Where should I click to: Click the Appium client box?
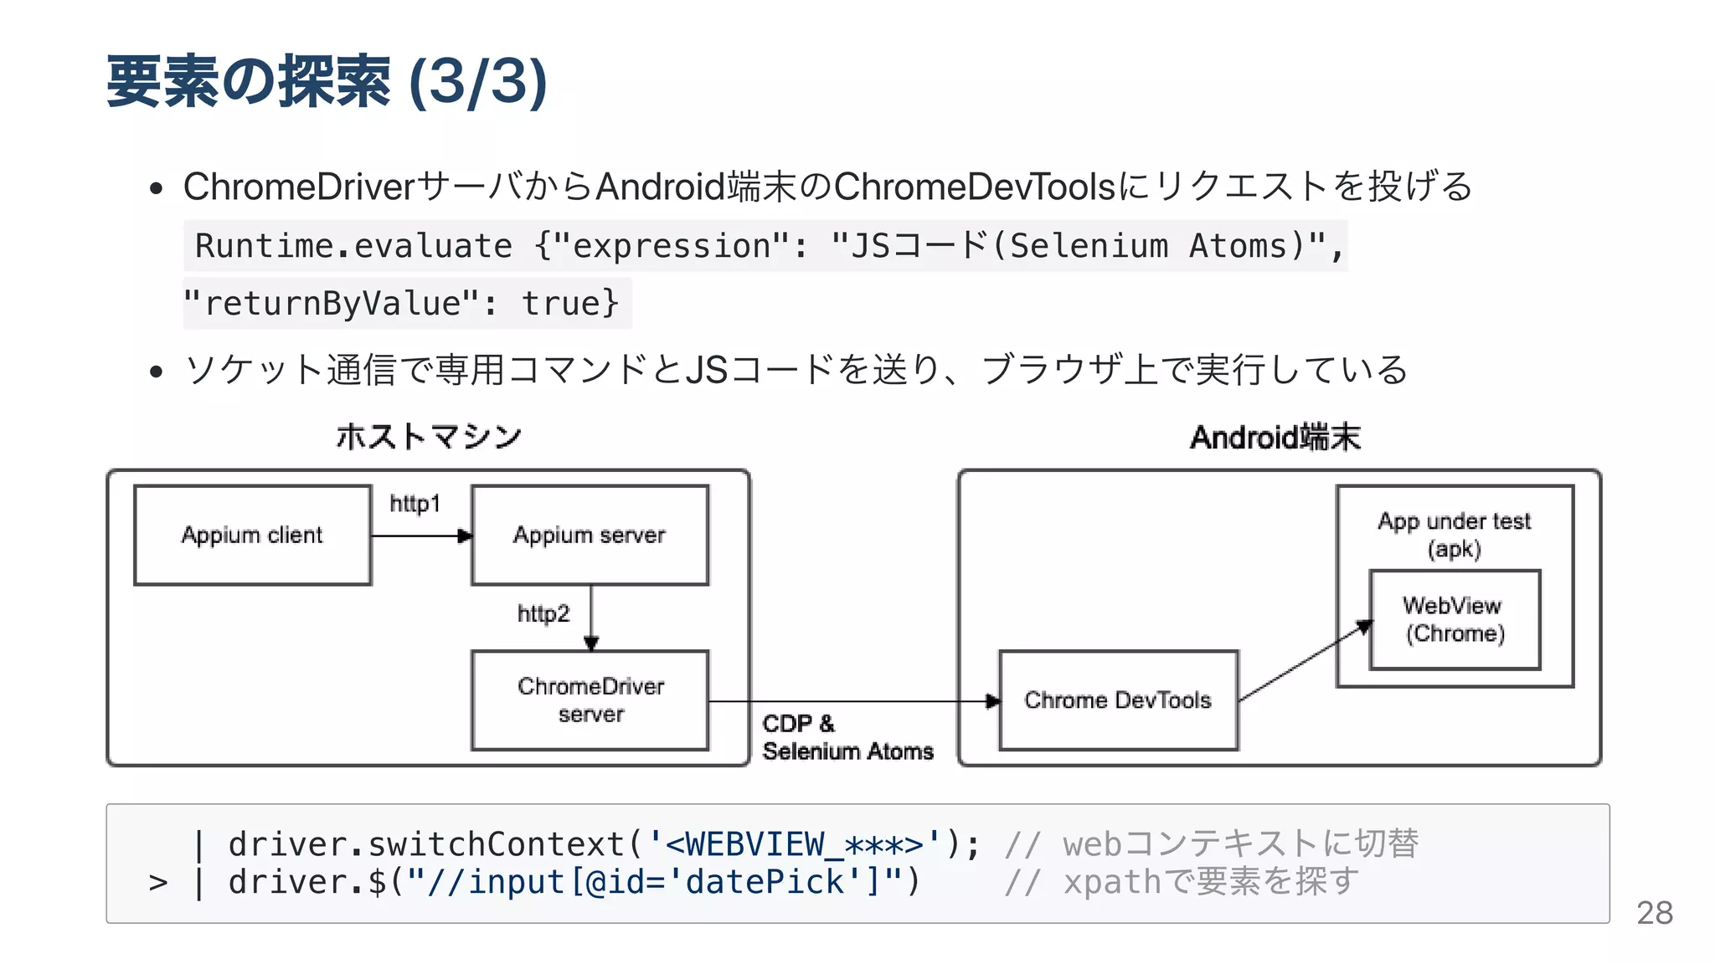(252, 535)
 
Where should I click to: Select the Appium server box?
(590, 535)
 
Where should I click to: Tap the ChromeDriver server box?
(590, 700)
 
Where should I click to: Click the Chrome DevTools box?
(1118, 700)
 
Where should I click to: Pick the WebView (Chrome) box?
(1455, 619)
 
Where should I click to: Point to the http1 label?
(415, 504)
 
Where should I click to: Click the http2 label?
(543, 613)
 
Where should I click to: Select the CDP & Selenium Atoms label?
(847, 737)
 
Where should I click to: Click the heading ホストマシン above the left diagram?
(429, 437)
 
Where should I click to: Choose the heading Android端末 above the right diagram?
(1275, 437)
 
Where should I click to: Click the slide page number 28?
(1654, 913)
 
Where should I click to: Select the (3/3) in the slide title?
(477, 82)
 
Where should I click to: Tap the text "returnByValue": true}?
(402, 303)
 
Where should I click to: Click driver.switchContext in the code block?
(426, 843)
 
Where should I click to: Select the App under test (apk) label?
(1455, 534)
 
